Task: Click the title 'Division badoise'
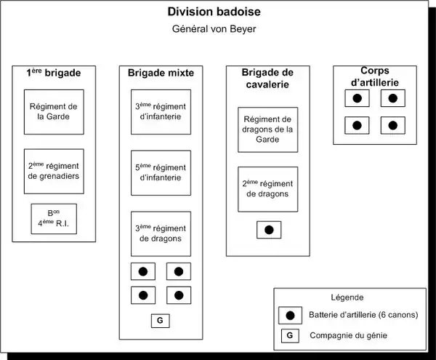coord(212,12)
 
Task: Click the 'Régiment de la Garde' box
coord(53,111)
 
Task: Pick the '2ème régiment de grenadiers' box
coord(53,171)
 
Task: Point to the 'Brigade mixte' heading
coord(160,73)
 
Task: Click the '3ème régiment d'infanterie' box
coord(161,111)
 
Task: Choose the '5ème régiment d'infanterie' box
coord(161,172)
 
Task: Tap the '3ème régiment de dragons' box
coord(161,233)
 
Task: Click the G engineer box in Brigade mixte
coord(161,320)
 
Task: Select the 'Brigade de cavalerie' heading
coord(268,78)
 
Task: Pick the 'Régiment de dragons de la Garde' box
coord(268,129)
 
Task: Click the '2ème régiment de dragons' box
coord(268,188)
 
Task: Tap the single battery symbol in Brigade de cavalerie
coord(268,230)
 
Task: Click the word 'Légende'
coord(347,297)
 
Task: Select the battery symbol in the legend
coord(290,315)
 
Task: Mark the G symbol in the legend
coord(290,335)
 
